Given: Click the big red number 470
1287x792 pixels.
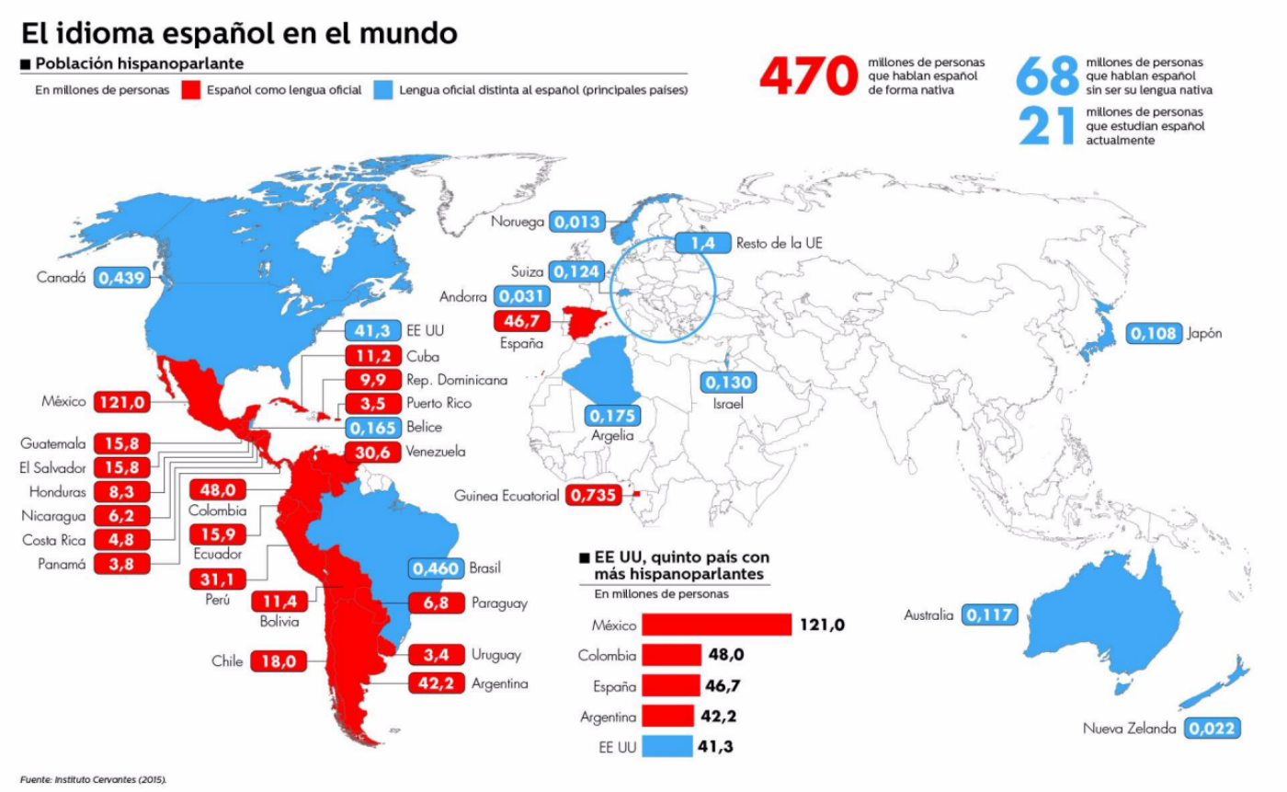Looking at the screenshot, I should click(807, 76).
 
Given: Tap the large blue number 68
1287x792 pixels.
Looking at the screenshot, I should click(1047, 76).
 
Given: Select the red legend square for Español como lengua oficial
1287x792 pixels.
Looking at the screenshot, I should click(190, 90).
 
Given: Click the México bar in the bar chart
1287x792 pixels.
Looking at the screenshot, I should click(716, 625).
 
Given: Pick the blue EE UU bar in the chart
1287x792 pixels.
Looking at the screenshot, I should click(666, 746).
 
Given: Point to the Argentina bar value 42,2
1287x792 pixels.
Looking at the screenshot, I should click(718, 716).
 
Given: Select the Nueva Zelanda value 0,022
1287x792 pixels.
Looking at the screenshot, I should click(1213, 729).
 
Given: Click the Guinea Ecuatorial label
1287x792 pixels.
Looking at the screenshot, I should click(507, 496).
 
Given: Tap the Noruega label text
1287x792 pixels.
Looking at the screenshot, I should click(518, 222).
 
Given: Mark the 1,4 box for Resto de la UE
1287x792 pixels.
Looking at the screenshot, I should click(702, 243).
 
